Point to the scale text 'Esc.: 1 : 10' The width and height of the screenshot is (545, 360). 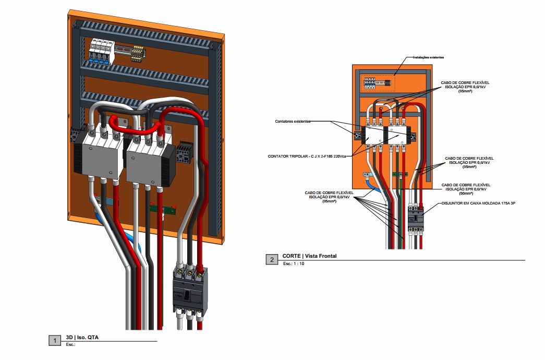pos(294,264)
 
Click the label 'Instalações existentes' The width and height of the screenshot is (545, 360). pos(428,57)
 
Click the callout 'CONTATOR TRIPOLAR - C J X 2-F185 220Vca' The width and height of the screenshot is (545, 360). pos(307,156)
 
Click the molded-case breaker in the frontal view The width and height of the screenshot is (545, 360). pos(416,219)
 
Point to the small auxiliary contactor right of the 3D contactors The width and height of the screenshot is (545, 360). pos(183,153)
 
